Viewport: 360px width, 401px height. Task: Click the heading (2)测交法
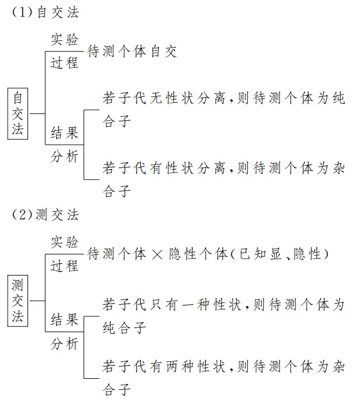click(46, 215)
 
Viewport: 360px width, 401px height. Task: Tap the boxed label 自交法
click(19, 113)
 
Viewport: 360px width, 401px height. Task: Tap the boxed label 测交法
click(19, 301)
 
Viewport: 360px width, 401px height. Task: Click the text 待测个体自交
click(132, 51)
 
